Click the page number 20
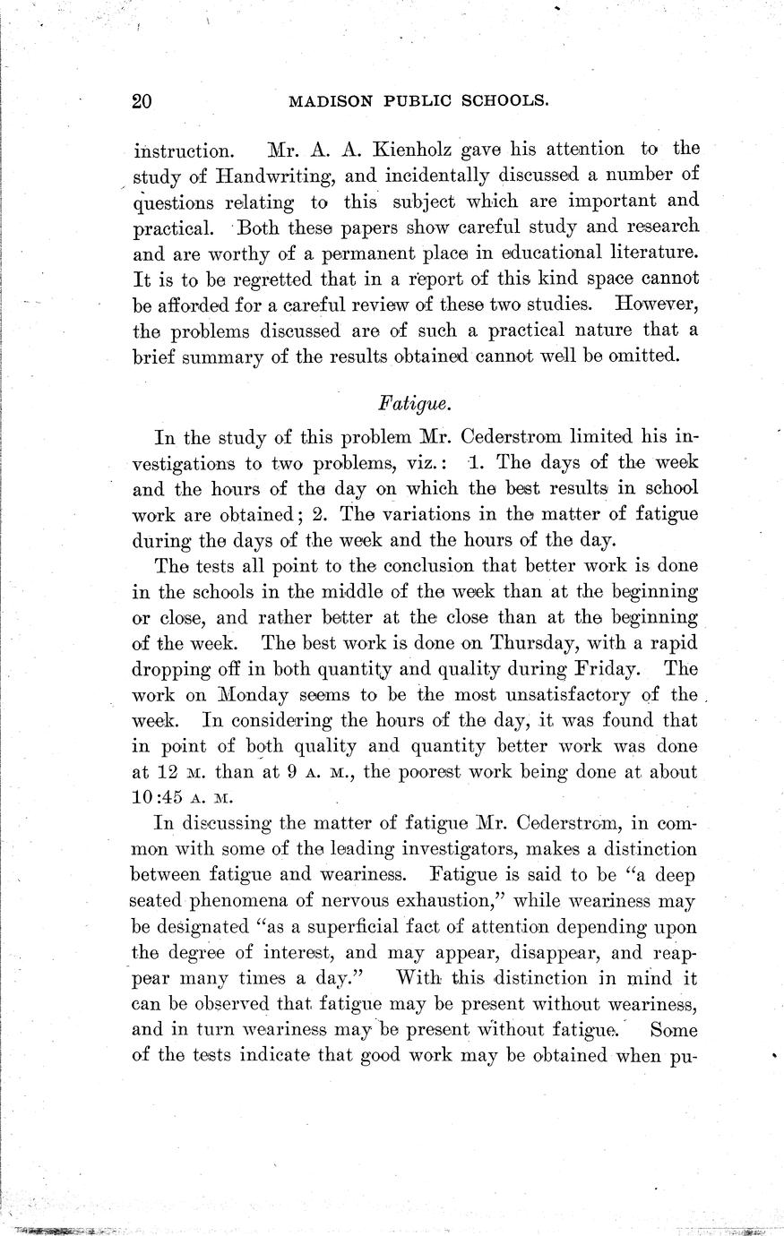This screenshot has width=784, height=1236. (x=142, y=101)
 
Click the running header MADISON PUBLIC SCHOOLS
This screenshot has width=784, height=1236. (x=418, y=101)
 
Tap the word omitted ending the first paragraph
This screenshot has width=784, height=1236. (x=640, y=355)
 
